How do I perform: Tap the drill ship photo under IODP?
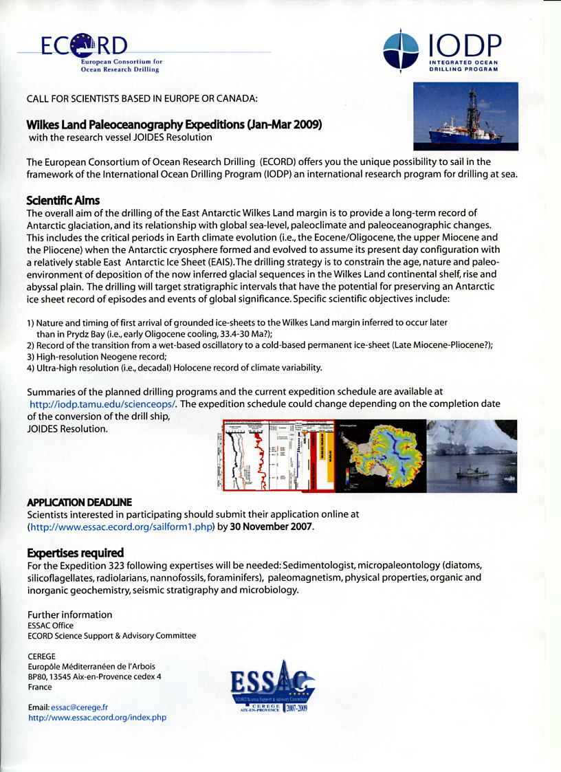click(465, 116)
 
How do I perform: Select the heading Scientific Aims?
click(63, 201)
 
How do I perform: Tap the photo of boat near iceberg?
click(472, 454)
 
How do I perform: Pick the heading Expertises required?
click(75, 552)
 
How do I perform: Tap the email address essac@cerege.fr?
click(78, 707)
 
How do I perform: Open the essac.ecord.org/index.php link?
click(97, 717)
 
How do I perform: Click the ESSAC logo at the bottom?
click(272, 687)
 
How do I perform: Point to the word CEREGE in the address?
click(41, 657)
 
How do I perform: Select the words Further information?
click(69, 615)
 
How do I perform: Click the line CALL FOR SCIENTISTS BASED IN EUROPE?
click(142, 98)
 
